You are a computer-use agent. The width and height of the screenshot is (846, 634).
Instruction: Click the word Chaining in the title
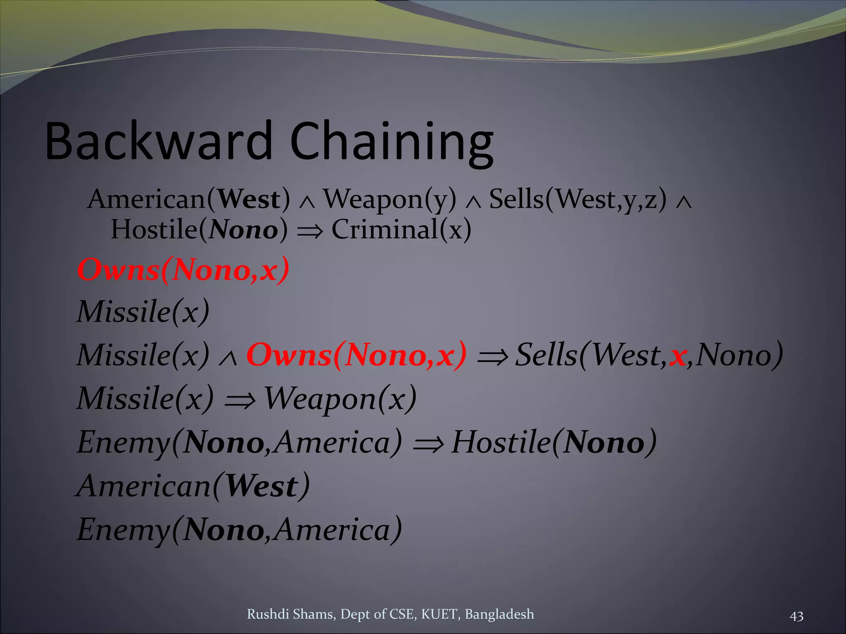coord(392,142)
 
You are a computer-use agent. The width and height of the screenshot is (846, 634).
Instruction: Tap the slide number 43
coord(796,616)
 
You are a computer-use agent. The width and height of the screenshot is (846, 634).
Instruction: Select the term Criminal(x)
coord(401,229)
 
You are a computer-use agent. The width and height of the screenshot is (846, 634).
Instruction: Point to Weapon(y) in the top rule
coord(390,200)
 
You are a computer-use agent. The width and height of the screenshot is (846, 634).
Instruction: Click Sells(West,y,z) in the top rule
coord(577,200)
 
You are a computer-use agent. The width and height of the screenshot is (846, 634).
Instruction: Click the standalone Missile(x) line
coord(143,312)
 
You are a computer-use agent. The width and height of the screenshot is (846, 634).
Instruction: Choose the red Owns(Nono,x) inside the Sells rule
coord(356,355)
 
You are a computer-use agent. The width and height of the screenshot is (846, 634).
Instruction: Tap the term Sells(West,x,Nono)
coord(649,355)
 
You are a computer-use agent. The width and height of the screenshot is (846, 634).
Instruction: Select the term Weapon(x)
coord(340,399)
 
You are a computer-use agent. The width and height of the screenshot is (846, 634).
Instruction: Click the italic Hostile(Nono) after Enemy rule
coord(554,442)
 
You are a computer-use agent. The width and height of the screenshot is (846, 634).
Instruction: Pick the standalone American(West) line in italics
coord(193,486)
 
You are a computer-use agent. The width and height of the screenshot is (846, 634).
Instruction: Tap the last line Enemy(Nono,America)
coord(239,530)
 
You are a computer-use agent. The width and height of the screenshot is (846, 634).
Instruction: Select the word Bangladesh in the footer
coord(499,614)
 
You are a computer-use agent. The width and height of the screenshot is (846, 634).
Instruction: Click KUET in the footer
coord(440,614)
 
